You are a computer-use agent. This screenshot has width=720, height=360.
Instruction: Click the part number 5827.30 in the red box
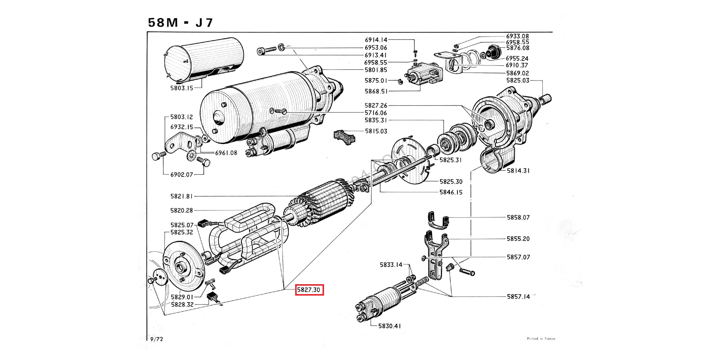point(309,290)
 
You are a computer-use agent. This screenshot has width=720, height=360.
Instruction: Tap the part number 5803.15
point(182,88)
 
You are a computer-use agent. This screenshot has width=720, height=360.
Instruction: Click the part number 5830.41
point(389,326)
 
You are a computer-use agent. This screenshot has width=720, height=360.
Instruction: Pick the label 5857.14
point(518,297)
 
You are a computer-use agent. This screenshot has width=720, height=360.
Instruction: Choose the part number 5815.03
point(376,131)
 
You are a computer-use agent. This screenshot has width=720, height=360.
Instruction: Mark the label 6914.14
point(376,40)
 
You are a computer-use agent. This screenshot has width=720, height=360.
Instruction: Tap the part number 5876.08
point(518,48)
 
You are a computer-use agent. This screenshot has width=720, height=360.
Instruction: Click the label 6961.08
point(226,153)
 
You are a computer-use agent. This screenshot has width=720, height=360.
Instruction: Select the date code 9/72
point(157,339)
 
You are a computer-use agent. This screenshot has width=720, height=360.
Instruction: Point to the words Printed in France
point(541,338)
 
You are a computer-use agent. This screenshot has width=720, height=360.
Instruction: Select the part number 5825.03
point(518,80)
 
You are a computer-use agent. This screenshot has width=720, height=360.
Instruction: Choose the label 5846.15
point(451,192)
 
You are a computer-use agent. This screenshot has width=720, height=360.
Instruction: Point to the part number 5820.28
point(182,210)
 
